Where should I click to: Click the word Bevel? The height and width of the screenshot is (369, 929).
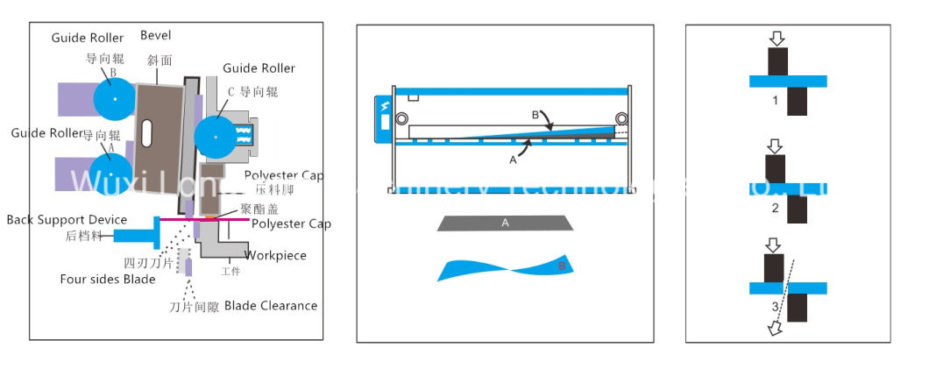click(x=156, y=36)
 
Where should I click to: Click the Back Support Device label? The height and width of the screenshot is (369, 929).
click(x=67, y=219)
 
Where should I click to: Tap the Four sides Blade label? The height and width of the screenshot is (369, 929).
click(x=107, y=280)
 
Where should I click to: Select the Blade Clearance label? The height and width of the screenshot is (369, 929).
click(x=271, y=305)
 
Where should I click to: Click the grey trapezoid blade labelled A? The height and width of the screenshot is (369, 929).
click(x=505, y=223)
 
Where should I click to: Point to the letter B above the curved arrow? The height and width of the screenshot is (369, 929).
click(x=535, y=115)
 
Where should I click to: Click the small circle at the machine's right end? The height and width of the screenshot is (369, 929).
click(x=621, y=118)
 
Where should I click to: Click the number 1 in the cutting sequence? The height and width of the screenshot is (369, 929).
click(x=775, y=101)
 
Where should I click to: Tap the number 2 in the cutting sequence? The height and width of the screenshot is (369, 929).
click(x=775, y=208)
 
